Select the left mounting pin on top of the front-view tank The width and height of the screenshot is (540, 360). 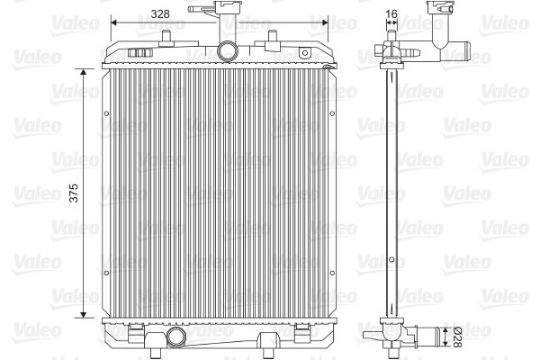click(x=167, y=37)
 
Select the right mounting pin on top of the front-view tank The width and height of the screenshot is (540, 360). click(x=274, y=37)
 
